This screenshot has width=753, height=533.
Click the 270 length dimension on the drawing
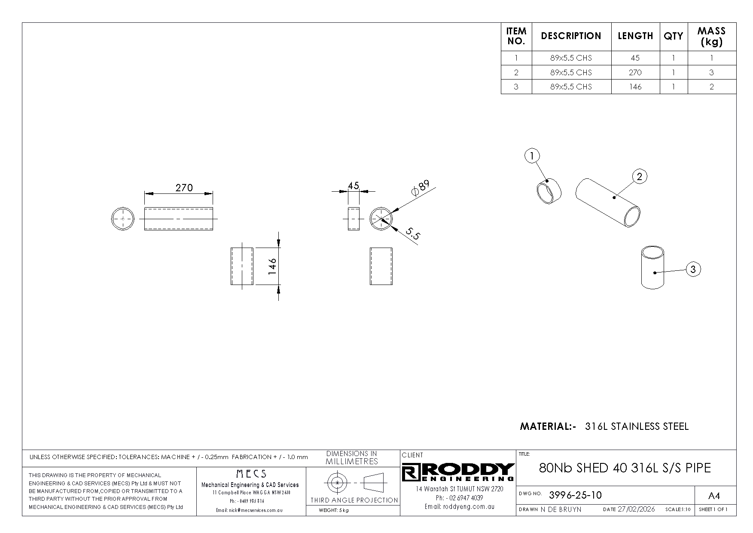coord(184,188)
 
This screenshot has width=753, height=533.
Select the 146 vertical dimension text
coord(272,266)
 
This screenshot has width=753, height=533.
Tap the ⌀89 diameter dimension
coord(420,188)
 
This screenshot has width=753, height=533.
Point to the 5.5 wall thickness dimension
coord(412,234)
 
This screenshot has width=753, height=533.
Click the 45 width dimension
coord(353,186)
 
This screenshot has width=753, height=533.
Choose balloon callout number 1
coord(532,156)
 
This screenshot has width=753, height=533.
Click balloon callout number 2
coord(640,176)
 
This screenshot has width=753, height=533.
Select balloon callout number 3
coord(693,270)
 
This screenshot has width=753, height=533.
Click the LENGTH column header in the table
coord(635,36)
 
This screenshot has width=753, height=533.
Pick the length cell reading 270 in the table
coord(635,72)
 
